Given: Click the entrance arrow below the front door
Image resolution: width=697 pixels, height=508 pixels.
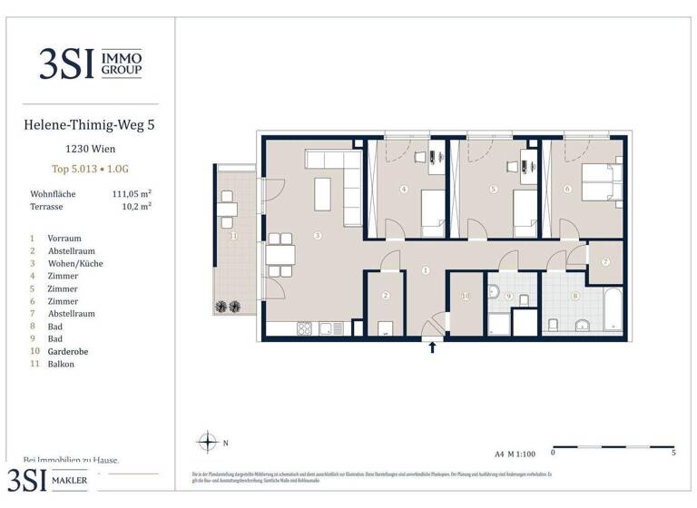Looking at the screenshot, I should coord(432,347).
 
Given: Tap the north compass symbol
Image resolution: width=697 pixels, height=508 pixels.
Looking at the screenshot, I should coord(209,443).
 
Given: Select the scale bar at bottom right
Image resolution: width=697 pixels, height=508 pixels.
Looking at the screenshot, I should coord(613,447).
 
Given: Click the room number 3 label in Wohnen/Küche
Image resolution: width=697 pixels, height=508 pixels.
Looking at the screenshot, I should coord(317,236).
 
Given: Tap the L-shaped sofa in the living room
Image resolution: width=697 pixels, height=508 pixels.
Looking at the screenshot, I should coord(335,171).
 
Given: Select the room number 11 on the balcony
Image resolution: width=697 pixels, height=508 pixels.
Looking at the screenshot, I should coord(232,236).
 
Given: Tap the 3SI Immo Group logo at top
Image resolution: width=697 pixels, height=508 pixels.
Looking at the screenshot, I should coord(89,63).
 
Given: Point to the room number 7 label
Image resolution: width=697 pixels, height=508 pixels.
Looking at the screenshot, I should coord(604,263).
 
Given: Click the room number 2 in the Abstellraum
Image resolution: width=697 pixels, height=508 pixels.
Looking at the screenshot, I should coord(385,296).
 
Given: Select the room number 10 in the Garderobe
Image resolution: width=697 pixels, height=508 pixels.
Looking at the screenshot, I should coord(466,296).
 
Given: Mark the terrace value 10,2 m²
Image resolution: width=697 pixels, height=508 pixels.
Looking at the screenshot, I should coord(135,207).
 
